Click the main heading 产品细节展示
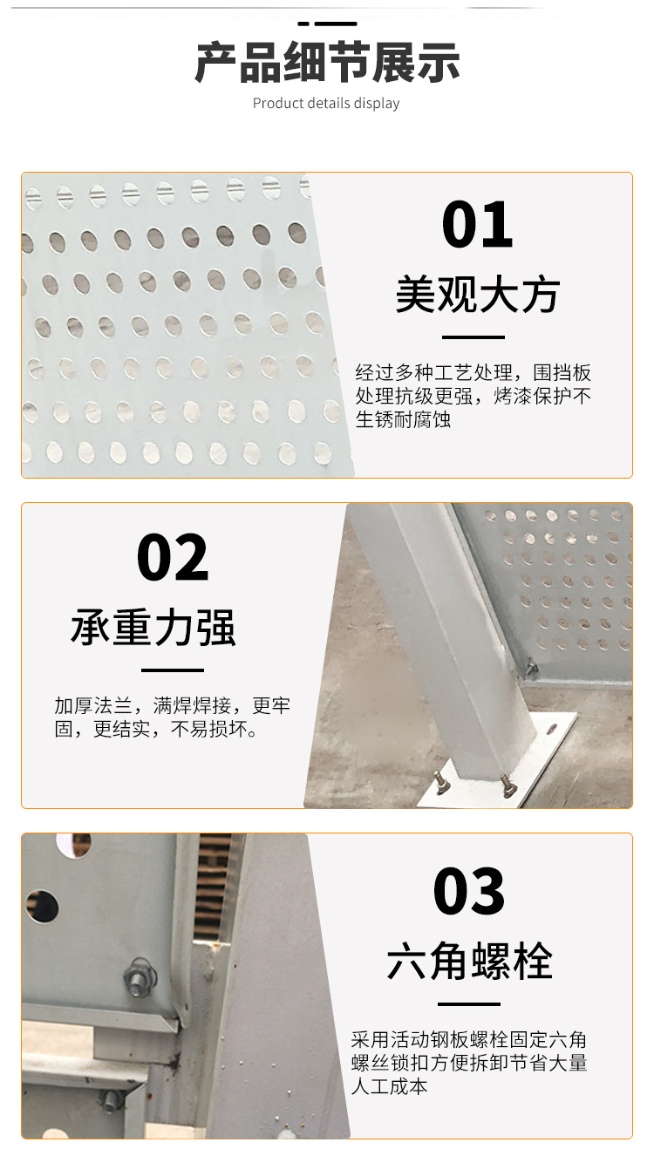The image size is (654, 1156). [x=327, y=63]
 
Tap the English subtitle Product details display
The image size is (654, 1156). [x=326, y=103]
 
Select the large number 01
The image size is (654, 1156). [x=477, y=225]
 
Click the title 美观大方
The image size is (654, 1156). [x=478, y=294]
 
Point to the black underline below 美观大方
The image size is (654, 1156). [x=473, y=337]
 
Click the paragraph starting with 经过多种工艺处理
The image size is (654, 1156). [x=473, y=396]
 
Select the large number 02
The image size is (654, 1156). [x=173, y=558]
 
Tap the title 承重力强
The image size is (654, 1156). [x=153, y=628]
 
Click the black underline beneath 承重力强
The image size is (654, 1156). [x=173, y=670]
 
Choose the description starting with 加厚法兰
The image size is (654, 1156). [x=173, y=717]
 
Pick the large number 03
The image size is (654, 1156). [x=468, y=891]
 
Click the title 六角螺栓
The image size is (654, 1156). [x=470, y=961]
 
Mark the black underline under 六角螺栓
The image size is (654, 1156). [x=468, y=1003]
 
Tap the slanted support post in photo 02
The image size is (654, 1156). [x=454, y=640]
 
